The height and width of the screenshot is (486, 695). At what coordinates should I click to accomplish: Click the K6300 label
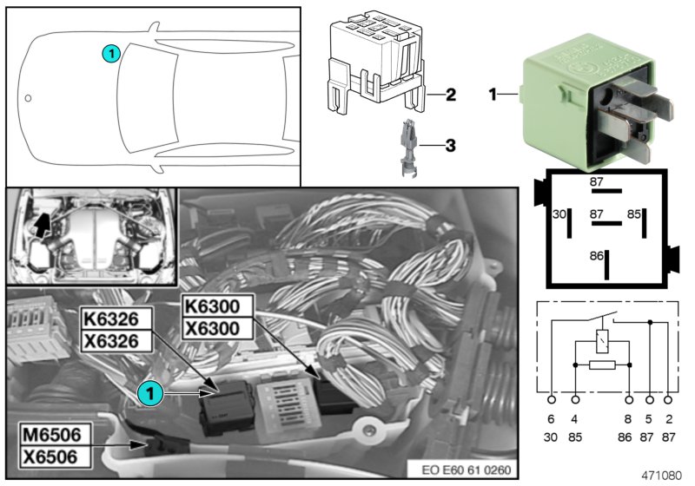217,305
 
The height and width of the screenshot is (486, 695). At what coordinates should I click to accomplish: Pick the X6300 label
217,329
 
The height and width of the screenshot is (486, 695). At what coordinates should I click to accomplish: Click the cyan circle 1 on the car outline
110,53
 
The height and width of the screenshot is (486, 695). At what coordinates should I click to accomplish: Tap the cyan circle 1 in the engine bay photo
153,393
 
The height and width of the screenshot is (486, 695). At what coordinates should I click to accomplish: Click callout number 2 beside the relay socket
450,95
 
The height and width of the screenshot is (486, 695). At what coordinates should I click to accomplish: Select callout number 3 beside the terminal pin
450,145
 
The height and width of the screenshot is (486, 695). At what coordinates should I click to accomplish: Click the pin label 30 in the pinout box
559,213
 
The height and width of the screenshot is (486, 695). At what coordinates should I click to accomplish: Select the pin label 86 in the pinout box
596,257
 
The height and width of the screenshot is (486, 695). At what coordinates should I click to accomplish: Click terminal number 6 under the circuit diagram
552,418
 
